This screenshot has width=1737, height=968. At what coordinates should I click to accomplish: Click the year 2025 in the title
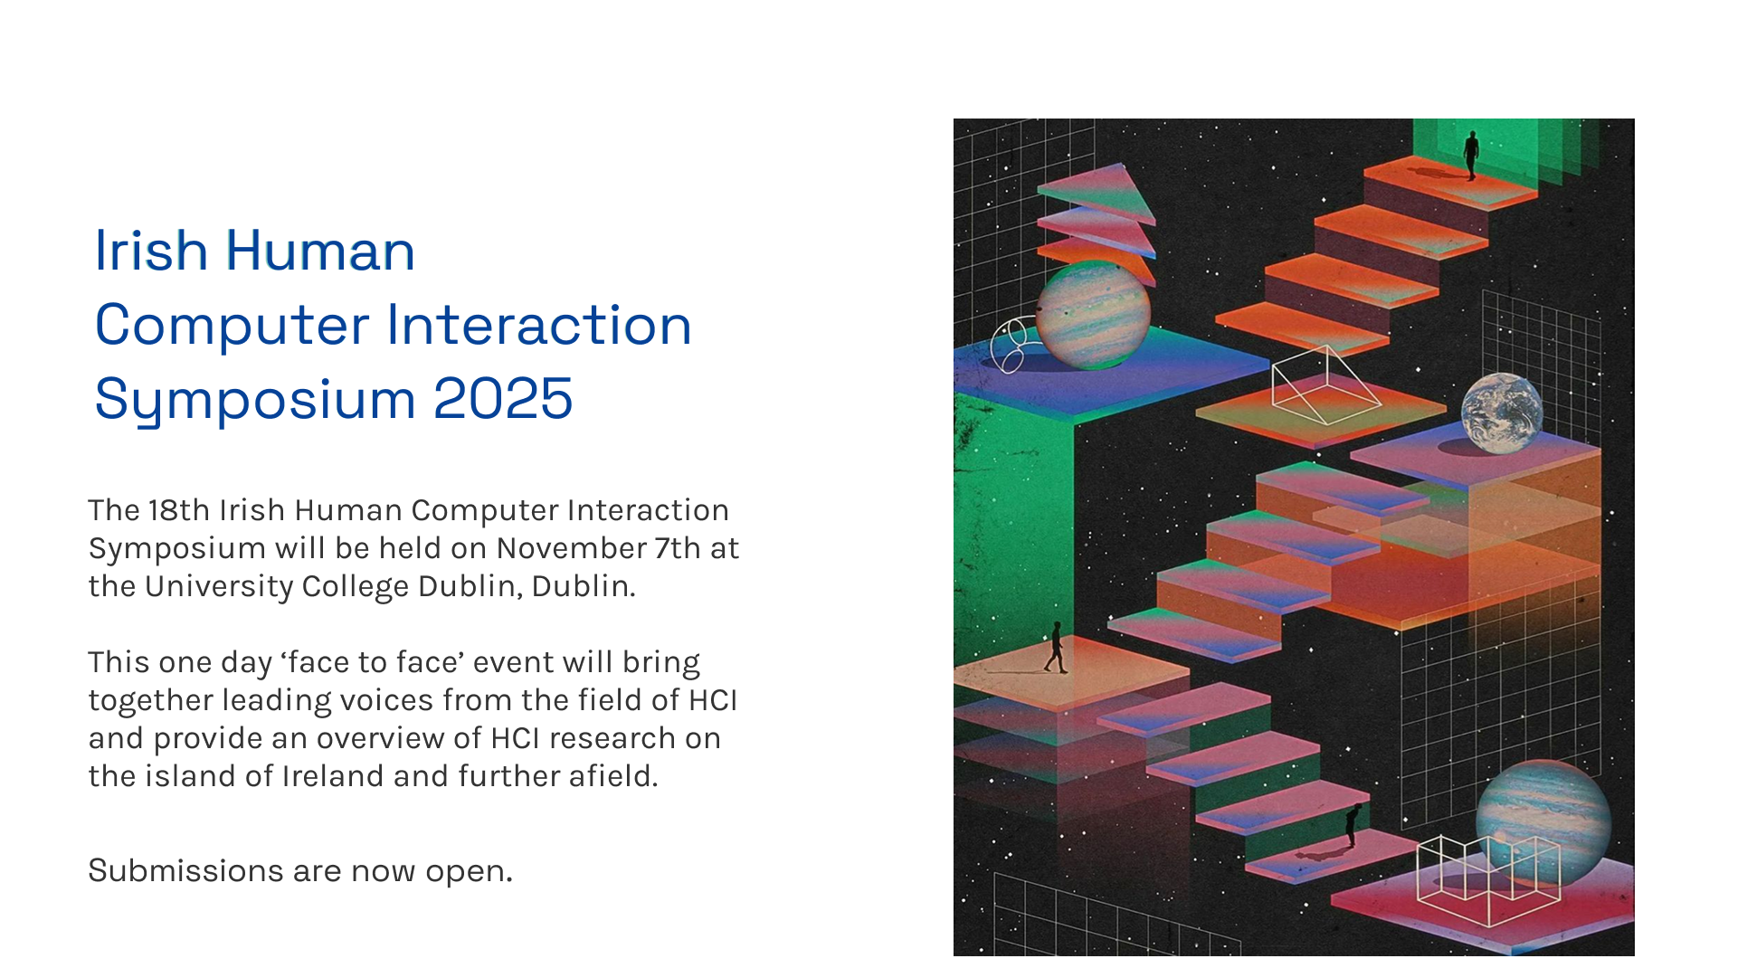(503, 398)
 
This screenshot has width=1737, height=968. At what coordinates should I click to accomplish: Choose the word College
(356, 587)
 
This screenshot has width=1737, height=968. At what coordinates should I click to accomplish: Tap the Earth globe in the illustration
(1502, 413)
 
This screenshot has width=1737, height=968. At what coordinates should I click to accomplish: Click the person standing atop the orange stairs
(1472, 155)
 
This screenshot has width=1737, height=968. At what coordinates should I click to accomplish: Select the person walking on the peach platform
(1055, 648)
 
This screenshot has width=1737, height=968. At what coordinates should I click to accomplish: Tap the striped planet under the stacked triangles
(1093, 315)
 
